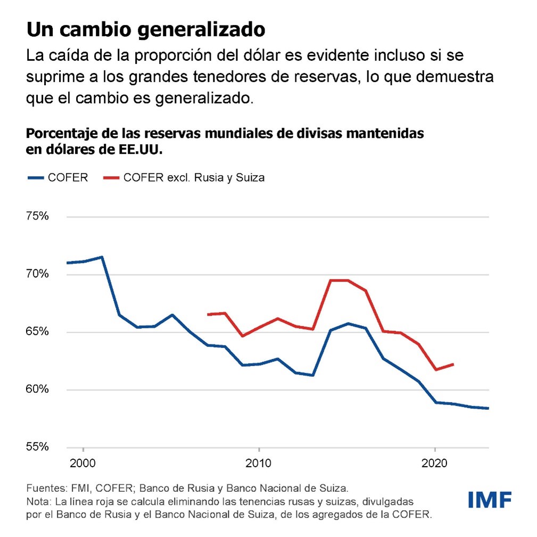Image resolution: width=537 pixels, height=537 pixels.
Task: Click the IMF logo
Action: click(x=490, y=500)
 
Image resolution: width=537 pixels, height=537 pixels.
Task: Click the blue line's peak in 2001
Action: click(x=102, y=257)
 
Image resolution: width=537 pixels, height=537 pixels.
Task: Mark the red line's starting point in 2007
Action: click(x=208, y=315)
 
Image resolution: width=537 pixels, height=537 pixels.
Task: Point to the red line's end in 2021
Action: click(x=452, y=365)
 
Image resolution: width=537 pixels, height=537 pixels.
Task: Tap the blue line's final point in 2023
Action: click(x=488, y=408)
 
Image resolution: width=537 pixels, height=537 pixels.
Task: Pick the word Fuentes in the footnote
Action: click(x=44, y=488)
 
